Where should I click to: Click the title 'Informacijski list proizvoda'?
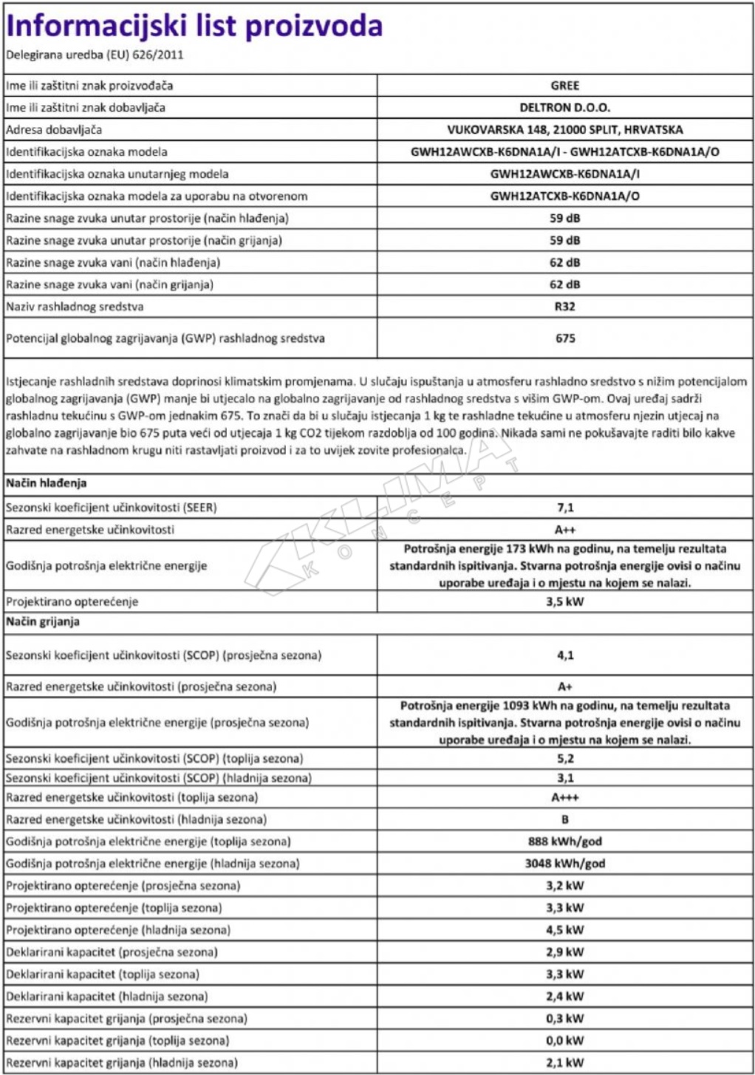[x=194, y=27]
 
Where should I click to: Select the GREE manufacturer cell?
[x=564, y=86]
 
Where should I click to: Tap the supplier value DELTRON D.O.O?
[x=564, y=108]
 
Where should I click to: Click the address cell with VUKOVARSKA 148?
[x=564, y=130]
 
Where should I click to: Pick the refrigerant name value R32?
[x=564, y=307]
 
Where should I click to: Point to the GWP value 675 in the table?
[x=564, y=338]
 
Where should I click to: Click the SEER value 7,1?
[x=564, y=508]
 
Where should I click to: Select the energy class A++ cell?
[x=564, y=530]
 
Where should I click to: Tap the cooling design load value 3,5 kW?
[x=564, y=601]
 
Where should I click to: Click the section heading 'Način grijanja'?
[x=43, y=622]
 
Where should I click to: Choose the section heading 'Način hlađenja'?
[x=47, y=483]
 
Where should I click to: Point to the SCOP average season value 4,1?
[x=564, y=655]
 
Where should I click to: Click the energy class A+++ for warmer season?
[x=564, y=798]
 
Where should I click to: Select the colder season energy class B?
[x=564, y=819]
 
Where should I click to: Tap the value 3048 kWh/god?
[x=564, y=864]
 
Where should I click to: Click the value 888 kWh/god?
[x=564, y=842]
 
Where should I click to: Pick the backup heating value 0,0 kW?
[x=564, y=1041]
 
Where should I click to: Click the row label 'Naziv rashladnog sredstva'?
[x=75, y=307]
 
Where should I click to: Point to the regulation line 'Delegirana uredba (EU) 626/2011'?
[x=95, y=55]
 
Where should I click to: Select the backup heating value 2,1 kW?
[x=564, y=1063]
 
